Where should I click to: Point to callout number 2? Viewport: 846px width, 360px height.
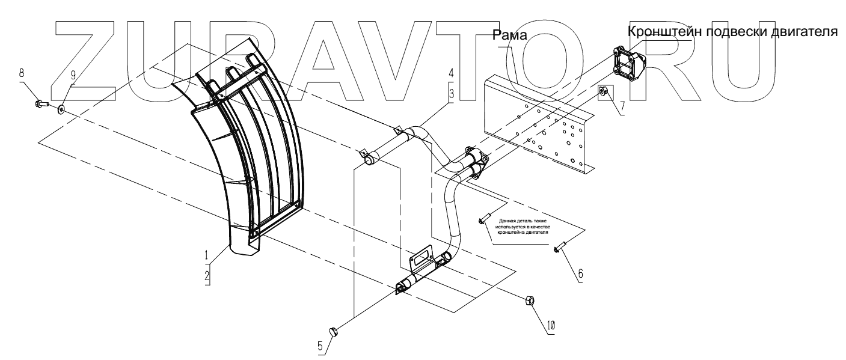point(207,276)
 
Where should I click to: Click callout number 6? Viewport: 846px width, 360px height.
point(580,273)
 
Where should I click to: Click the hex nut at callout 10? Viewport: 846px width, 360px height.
point(531,300)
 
